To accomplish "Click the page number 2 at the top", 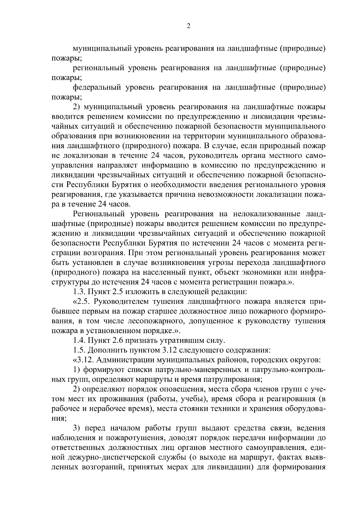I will click(x=188, y=26).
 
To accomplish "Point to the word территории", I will click(x=201, y=136).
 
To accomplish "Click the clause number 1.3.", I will click(x=80, y=291).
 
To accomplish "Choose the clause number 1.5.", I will click(x=80, y=350).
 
